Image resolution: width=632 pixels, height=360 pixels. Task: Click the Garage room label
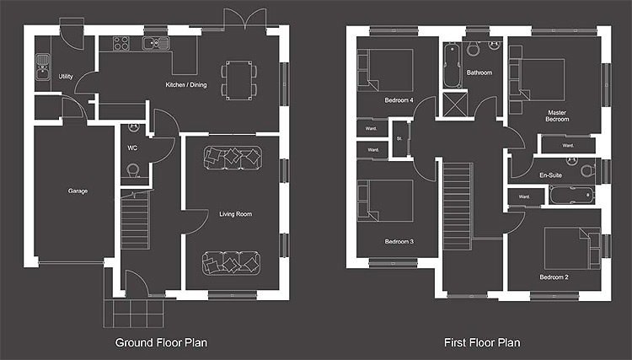point(78,191)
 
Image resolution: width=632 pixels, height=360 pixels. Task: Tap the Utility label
point(66,77)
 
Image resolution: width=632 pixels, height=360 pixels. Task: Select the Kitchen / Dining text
point(186,84)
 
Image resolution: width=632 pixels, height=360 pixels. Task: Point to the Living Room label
point(236,214)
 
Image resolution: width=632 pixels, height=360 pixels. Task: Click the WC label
point(132,148)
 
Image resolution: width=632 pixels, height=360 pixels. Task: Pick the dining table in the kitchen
point(239,80)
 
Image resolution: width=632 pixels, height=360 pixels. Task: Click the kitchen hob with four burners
point(121,44)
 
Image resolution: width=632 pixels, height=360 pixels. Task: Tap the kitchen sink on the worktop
point(156,43)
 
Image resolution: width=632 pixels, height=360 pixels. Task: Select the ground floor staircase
point(136,220)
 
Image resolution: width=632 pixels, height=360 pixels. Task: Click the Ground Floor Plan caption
point(161,342)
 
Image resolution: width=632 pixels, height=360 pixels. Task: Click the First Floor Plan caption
point(482,342)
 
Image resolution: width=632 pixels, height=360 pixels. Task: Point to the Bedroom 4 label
point(399,100)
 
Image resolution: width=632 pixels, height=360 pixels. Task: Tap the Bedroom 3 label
point(399,241)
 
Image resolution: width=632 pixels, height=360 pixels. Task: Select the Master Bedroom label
point(558,116)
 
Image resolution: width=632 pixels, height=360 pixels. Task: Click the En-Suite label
point(550,175)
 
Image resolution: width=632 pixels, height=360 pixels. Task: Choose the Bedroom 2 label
point(554,277)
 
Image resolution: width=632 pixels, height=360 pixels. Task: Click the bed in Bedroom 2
point(572,249)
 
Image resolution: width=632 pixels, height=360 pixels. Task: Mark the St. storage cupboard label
point(399,138)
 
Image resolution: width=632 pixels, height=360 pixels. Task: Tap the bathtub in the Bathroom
point(453,66)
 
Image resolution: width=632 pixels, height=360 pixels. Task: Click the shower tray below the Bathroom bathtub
point(455,105)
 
